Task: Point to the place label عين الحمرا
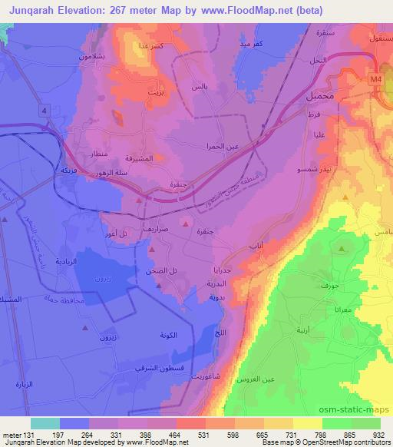(218, 146)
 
